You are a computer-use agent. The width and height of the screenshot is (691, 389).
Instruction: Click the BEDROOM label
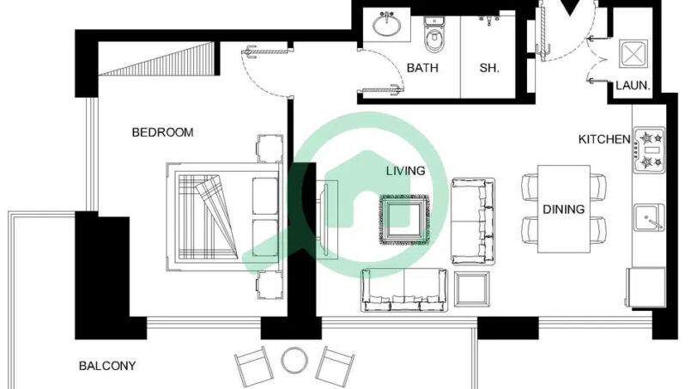pos(162,132)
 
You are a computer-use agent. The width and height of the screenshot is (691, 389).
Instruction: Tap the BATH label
pos(422,68)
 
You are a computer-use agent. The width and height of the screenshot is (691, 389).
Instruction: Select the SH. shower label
pos(489,68)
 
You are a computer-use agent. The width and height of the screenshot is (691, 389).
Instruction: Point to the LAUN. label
pos(633,86)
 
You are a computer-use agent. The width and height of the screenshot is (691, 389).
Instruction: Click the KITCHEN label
pos(604,139)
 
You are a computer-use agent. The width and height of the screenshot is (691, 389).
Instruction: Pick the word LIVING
pos(405,171)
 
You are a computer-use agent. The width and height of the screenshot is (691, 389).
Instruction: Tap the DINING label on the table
pos(563,209)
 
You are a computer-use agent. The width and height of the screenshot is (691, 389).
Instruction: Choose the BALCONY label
pos(107,366)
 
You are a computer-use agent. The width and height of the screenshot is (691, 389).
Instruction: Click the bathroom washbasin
pos(387,24)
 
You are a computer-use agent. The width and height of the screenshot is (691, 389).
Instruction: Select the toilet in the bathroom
pos(434,34)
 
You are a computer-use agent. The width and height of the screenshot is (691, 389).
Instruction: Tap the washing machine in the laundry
pos(633,54)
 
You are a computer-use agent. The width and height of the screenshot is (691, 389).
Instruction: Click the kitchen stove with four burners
pos(649,150)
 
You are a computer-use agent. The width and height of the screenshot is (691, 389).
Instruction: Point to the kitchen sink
pos(649,217)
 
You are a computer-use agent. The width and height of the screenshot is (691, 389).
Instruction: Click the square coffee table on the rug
pos(404,220)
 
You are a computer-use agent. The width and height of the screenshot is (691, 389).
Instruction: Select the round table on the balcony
pos(294,361)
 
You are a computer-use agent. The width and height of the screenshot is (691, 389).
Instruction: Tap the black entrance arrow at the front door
pos(570,7)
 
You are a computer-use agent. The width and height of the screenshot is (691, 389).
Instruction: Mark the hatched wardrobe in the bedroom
pos(159,59)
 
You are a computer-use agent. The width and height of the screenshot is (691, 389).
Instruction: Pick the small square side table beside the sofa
pos(471,289)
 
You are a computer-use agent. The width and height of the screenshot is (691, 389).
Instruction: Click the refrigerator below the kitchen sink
pos(646,287)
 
